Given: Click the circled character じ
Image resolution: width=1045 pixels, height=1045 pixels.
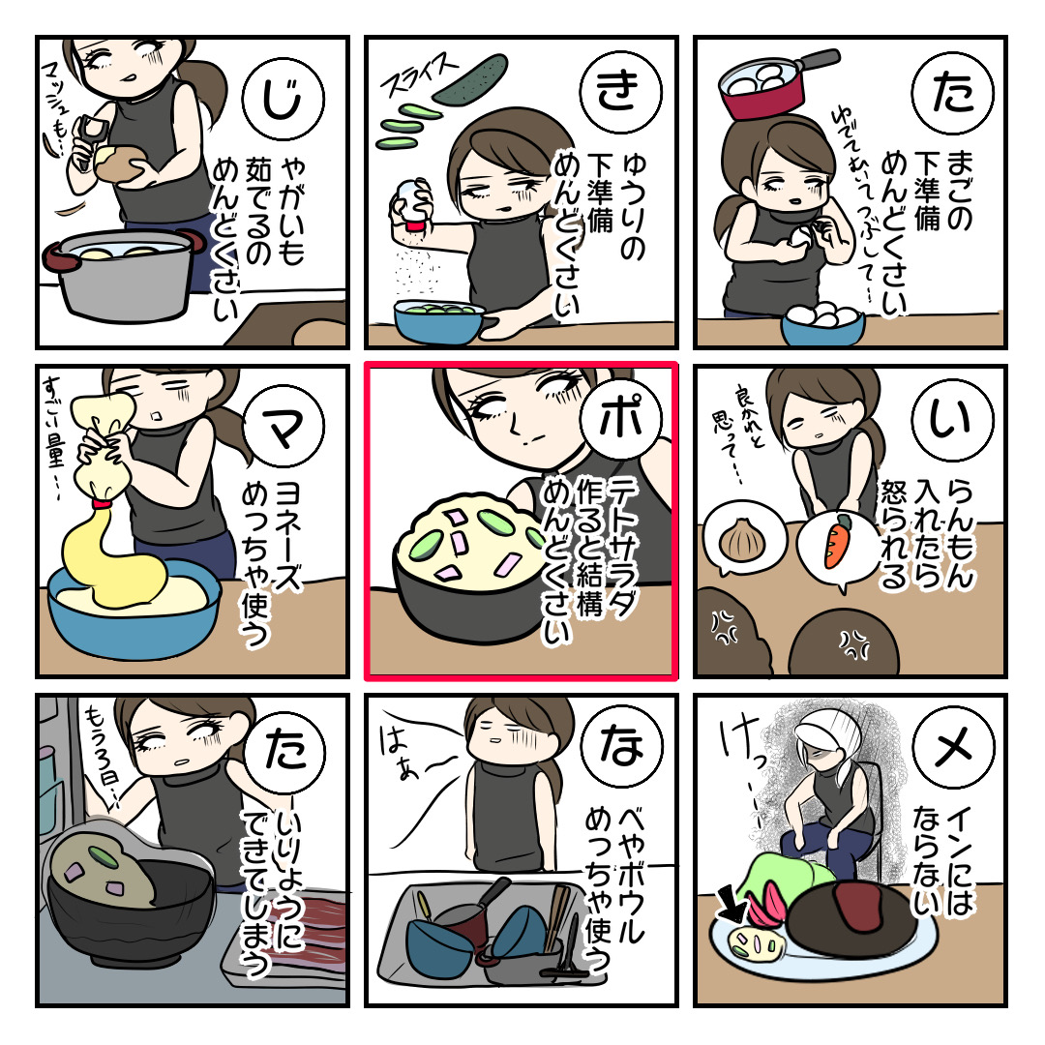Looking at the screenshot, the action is (284, 99).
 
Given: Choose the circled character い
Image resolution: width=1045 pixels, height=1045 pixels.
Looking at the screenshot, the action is (953, 420).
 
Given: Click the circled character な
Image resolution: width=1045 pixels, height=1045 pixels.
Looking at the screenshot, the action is (620, 746).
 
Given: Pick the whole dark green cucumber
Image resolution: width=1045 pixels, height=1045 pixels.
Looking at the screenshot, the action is (470, 78).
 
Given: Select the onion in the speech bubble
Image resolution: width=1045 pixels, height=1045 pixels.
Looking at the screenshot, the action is (741, 540).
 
